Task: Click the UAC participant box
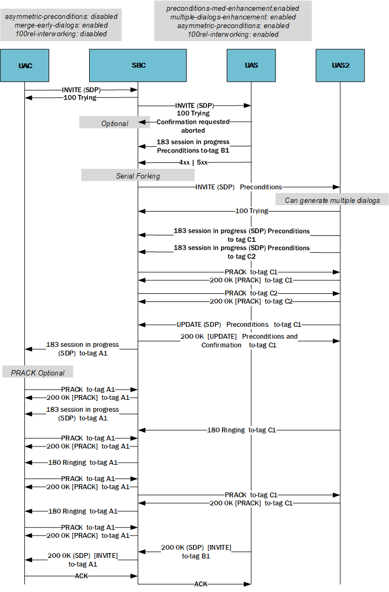pos(25,65)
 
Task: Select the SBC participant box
pos(138,65)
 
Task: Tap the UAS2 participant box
pos(340,65)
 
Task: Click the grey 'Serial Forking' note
pos(138,176)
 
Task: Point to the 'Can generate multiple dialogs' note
pos(331,200)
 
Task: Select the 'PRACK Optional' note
pos(38,373)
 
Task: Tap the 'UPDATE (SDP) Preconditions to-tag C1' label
pos(239,325)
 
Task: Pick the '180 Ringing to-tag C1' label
pos(242,430)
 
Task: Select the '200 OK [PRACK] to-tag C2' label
pos(251,301)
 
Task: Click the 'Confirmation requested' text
pos(193,122)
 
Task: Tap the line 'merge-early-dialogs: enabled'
pos(61,25)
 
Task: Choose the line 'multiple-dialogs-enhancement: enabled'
pos(233,17)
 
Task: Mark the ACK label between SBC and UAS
pos(200,584)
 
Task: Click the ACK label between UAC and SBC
pos(81,576)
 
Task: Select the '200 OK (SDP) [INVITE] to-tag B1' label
pos(196,551)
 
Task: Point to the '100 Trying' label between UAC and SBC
pos(81,98)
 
